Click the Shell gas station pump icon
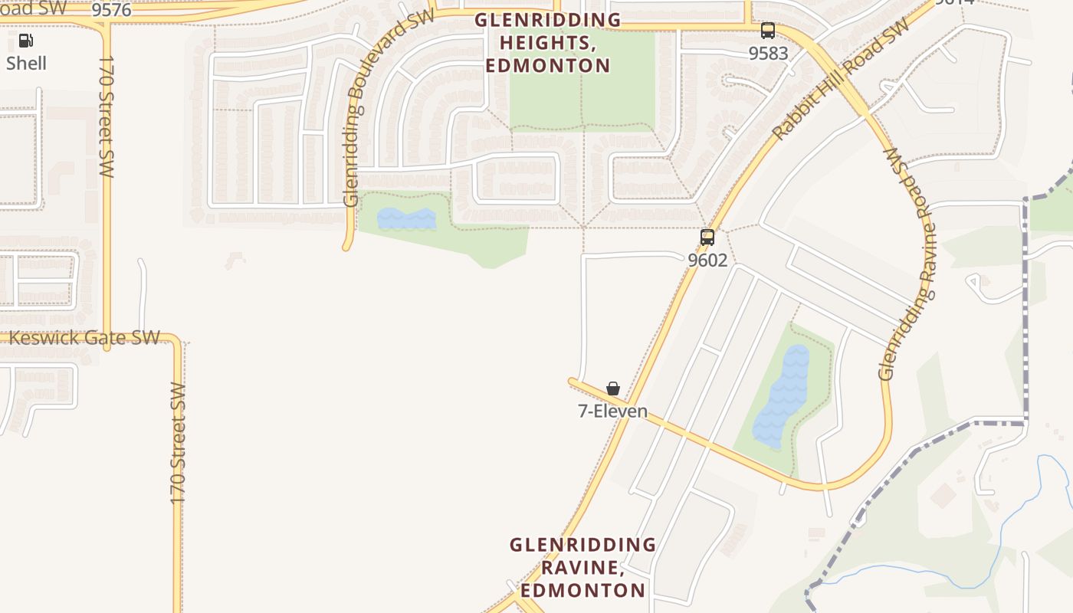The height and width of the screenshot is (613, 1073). click(x=26, y=41)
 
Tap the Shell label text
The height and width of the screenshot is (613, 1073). click(x=27, y=63)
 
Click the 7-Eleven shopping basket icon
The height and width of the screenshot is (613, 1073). click(x=613, y=388)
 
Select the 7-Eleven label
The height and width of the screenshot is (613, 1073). click(x=612, y=411)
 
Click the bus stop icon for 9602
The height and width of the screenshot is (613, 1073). click(x=707, y=238)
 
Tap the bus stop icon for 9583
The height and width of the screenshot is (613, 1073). click(x=767, y=31)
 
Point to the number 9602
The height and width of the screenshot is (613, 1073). click(x=707, y=260)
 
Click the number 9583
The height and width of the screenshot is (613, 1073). click(x=768, y=53)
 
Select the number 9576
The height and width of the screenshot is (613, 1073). click(x=112, y=10)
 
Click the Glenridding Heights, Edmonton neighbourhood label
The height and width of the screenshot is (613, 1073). click(x=547, y=43)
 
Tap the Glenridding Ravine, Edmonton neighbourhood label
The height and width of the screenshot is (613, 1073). click(x=582, y=568)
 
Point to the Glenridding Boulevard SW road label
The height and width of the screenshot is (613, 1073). click(x=389, y=107)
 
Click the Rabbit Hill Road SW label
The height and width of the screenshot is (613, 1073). click(x=842, y=78)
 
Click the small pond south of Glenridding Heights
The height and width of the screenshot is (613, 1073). click(x=406, y=219)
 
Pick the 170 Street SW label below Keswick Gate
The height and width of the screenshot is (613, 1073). click(x=178, y=443)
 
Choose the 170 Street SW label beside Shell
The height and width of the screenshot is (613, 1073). click(x=107, y=116)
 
